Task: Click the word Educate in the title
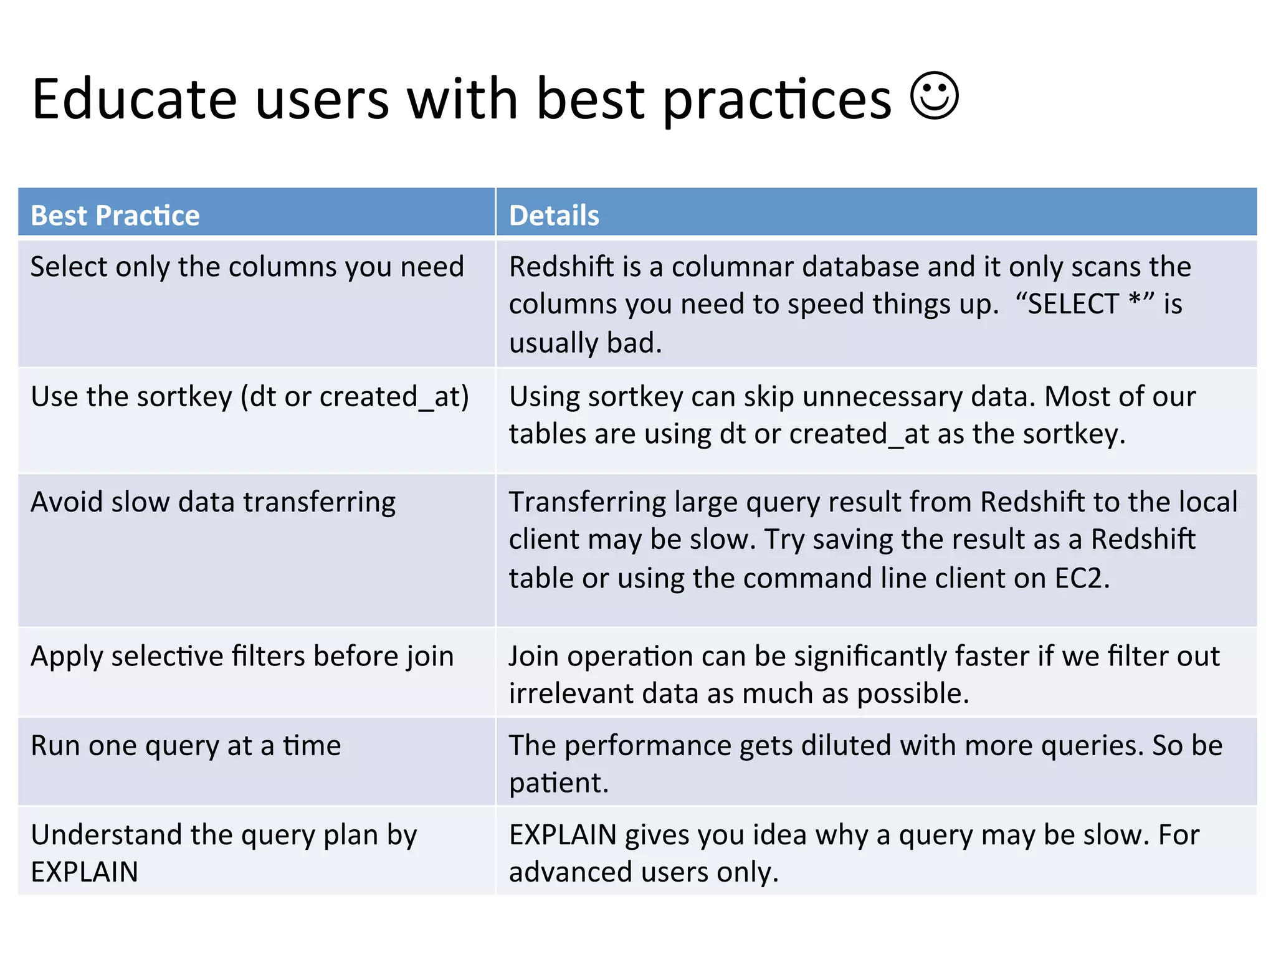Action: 135,99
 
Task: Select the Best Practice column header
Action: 115,216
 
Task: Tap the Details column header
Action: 554,216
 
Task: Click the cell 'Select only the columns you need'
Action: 247,267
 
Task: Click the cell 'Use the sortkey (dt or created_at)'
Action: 249,397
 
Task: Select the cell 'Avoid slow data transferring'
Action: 213,502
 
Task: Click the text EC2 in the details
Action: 1082,578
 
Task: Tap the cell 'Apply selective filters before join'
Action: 242,657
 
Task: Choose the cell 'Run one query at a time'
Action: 186,746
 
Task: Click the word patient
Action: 558,783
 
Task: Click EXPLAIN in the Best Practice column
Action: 85,872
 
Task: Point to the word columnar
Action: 732,267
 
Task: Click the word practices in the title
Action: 777,99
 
